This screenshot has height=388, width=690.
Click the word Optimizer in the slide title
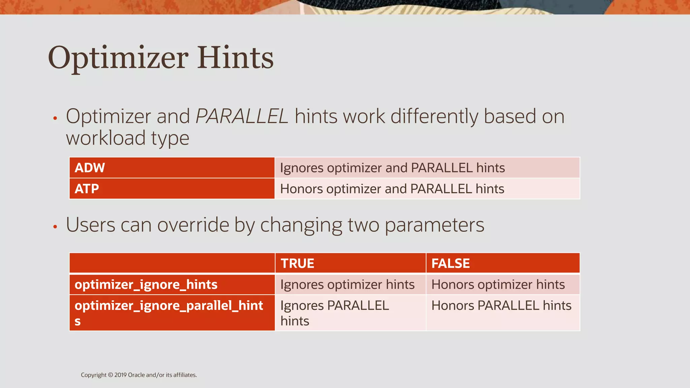[x=118, y=58]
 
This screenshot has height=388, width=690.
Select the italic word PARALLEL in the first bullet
[x=242, y=117]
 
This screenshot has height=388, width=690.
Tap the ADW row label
[x=90, y=168]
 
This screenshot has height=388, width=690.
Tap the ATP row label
[x=87, y=189]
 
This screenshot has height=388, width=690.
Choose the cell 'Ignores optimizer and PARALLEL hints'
[x=392, y=168]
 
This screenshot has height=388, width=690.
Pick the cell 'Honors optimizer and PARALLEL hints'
[x=392, y=189]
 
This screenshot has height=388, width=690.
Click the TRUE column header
[x=297, y=263]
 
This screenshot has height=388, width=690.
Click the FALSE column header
[x=450, y=263]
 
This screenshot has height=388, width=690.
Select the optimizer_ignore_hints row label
[x=146, y=285]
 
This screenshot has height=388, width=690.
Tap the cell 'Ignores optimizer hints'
[x=347, y=285]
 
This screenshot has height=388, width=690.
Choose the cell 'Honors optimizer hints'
[x=498, y=285]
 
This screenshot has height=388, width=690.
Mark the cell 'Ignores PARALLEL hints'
[x=335, y=313]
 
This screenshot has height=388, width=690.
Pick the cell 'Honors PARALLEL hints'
[x=501, y=305]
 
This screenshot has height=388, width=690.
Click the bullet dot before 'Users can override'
[x=55, y=227]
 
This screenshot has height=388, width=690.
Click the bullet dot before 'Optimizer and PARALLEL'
[x=55, y=118]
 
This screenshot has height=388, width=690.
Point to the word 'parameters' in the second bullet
[x=434, y=225]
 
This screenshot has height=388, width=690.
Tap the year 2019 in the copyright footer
[x=120, y=375]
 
